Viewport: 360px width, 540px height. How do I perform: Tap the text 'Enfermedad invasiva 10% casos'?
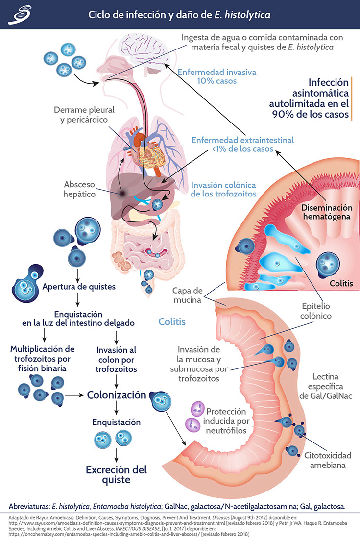coord(216,76)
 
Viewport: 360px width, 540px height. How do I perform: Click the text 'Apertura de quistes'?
coord(79,287)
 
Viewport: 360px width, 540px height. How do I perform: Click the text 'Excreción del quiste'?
coord(116,474)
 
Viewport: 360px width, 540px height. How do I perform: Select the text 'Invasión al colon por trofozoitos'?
coord(117,360)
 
